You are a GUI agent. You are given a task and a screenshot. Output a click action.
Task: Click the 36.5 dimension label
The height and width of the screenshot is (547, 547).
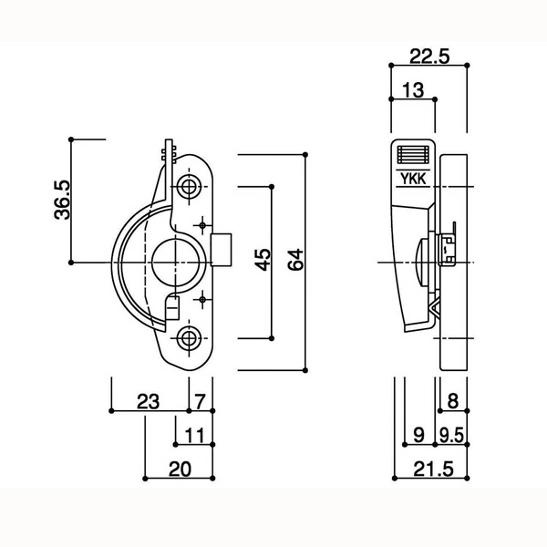click(x=62, y=200)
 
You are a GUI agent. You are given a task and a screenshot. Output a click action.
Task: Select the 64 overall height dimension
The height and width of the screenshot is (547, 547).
click(x=295, y=260)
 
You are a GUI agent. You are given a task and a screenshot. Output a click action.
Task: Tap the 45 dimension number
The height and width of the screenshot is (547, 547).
click(x=263, y=260)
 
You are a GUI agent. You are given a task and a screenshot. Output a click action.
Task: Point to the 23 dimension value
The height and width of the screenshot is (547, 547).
click(x=148, y=401)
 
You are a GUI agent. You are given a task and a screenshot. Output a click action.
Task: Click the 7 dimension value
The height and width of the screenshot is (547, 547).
click(x=200, y=401)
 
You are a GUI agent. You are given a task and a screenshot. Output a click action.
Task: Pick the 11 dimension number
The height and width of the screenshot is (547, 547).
click(x=194, y=436)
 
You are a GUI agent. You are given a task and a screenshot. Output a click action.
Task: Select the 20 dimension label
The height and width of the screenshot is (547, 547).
click(x=180, y=470)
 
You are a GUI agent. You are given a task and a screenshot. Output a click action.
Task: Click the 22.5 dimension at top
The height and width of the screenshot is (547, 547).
click(x=429, y=57)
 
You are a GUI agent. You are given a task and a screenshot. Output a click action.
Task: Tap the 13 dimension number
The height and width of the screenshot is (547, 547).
click(x=413, y=90)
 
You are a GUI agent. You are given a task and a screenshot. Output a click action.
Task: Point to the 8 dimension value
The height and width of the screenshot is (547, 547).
click(x=453, y=401)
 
